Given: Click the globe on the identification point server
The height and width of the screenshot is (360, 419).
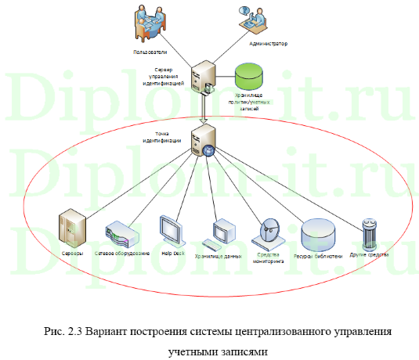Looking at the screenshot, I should (x=209, y=150).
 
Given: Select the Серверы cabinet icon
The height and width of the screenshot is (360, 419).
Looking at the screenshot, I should (x=71, y=228).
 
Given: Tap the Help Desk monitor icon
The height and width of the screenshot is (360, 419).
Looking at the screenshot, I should (x=171, y=230).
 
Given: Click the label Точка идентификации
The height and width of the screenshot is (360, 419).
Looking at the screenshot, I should (x=164, y=136).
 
